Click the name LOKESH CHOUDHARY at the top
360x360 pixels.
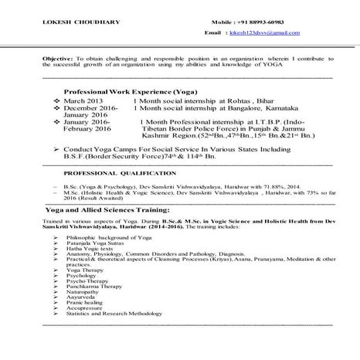coord(74,21)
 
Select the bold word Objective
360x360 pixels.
coord(57,59)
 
